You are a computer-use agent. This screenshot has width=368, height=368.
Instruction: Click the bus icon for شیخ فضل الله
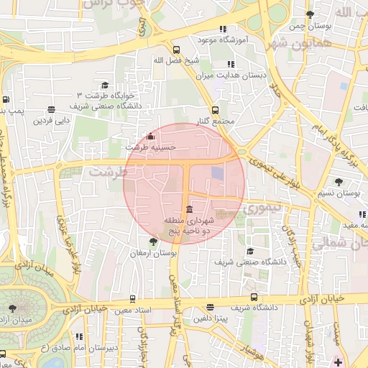177,50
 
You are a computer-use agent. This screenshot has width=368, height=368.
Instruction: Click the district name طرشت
107,172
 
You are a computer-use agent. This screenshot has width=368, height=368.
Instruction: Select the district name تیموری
265,208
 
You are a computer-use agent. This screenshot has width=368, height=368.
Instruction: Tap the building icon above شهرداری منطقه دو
188,210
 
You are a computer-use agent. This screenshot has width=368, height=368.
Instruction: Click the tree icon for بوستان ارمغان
152,242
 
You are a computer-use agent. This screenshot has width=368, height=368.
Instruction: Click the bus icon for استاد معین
132,298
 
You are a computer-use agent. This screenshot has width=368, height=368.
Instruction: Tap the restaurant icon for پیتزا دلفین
210,307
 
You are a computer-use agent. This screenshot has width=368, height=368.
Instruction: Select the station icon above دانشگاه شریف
253,296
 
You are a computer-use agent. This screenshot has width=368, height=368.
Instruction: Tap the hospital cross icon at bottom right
339,362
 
